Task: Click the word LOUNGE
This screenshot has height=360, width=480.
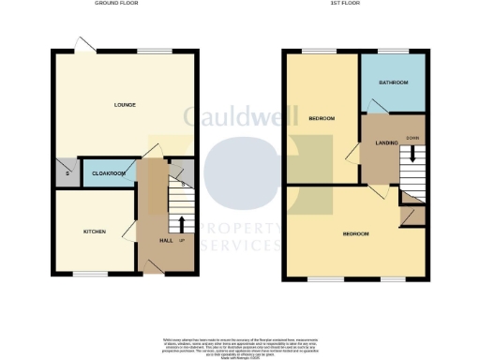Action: (125, 104)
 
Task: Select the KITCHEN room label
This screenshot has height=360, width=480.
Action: (94, 232)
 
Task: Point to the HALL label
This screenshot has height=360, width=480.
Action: (165, 241)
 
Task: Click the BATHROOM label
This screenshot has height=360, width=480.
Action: (394, 82)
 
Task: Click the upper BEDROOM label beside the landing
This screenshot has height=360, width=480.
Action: (322, 119)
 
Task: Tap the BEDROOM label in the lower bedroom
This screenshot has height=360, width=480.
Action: (355, 233)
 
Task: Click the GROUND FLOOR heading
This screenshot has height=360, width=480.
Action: (119, 4)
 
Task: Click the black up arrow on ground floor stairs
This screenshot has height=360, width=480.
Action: (181, 223)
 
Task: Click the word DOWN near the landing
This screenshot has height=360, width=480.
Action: (412, 139)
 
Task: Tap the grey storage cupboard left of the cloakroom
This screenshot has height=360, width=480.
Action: (66, 172)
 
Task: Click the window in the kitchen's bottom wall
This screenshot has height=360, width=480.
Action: (91, 274)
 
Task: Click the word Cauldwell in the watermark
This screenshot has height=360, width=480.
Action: (240, 116)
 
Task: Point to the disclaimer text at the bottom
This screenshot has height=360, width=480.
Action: (240, 344)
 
